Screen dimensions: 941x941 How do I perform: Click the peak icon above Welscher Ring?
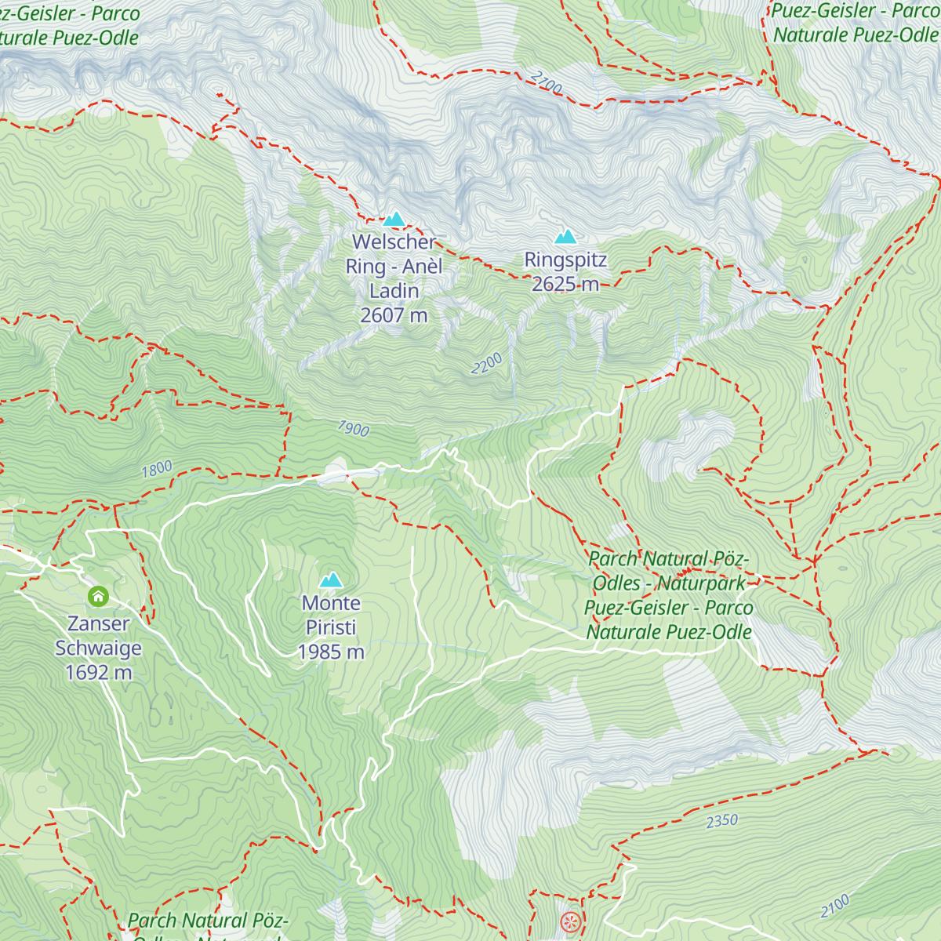[x=394, y=219]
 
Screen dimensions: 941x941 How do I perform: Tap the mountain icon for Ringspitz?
[x=565, y=236]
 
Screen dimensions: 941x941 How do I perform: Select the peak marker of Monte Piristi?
[x=331, y=580]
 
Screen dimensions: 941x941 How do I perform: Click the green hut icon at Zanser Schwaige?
[x=98, y=597]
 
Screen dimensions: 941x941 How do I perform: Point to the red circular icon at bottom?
[x=571, y=922]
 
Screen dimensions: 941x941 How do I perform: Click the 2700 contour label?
[x=547, y=83]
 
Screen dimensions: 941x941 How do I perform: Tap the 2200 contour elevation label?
[x=487, y=364]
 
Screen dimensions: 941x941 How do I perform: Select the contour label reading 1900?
[x=353, y=428]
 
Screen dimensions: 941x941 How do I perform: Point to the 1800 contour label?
[x=157, y=469]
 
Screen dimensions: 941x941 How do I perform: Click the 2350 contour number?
[x=721, y=821]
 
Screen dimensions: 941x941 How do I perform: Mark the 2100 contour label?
[x=835, y=906]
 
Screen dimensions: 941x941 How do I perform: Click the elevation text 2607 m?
[x=394, y=315]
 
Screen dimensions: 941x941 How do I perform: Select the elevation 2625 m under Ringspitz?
[x=565, y=284]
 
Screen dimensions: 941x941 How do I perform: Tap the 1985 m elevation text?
[x=331, y=652]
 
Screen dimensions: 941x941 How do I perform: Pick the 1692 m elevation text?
[x=99, y=672]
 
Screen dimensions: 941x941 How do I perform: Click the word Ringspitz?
[x=565, y=260]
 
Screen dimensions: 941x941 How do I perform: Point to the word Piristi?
[x=331, y=627]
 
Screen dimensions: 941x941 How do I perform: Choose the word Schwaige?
[x=99, y=648]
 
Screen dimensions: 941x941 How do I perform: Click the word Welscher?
[x=394, y=242]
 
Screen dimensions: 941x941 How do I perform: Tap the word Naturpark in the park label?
[x=703, y=583]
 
